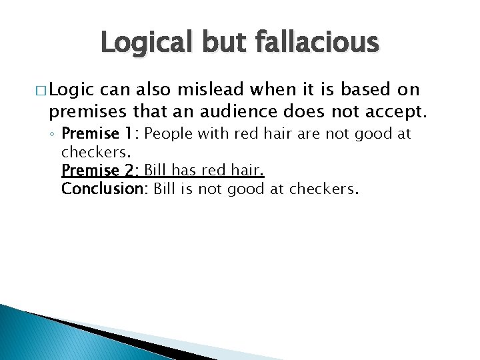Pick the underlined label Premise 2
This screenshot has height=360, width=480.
click(x=101, y=170)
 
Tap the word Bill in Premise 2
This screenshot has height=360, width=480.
click(x=156, y=170)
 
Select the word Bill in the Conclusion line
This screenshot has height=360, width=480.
click(x=165, y=189)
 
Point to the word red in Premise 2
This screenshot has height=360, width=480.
click(x=214, y=170)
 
